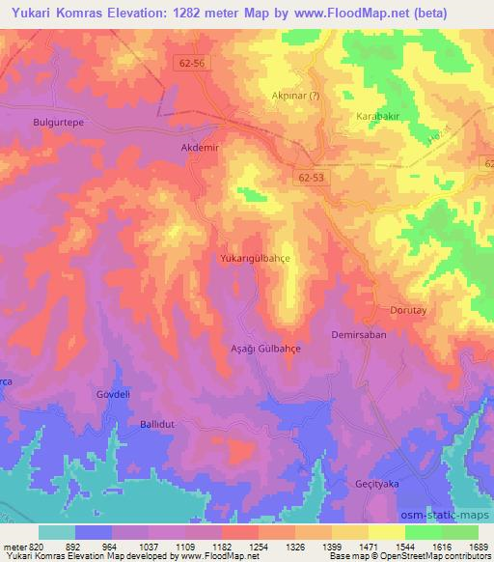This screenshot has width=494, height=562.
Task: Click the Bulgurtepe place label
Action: (x=60, y=125)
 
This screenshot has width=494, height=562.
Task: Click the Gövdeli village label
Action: (x=113, y=394)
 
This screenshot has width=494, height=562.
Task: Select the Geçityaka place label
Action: (x=404, y=483)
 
